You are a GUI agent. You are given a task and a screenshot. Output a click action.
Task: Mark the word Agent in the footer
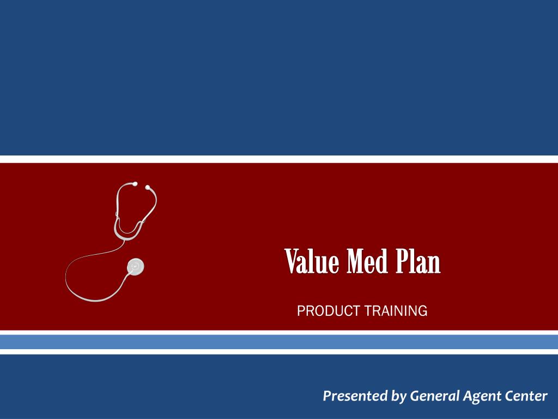[x=480, y=397]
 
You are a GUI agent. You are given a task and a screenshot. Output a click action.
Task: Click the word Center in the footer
[x=525, y=396]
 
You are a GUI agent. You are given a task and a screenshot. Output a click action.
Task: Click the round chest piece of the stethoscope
[x=135, y=267]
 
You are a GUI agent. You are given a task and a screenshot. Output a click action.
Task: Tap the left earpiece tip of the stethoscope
[x=135, y=184]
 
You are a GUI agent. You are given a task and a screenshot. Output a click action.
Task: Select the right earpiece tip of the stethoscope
[x=147, y=187]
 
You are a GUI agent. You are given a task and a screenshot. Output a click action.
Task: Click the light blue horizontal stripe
[x=279, y=342]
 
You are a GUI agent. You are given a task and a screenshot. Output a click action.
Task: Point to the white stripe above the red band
[x=279, y=159]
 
